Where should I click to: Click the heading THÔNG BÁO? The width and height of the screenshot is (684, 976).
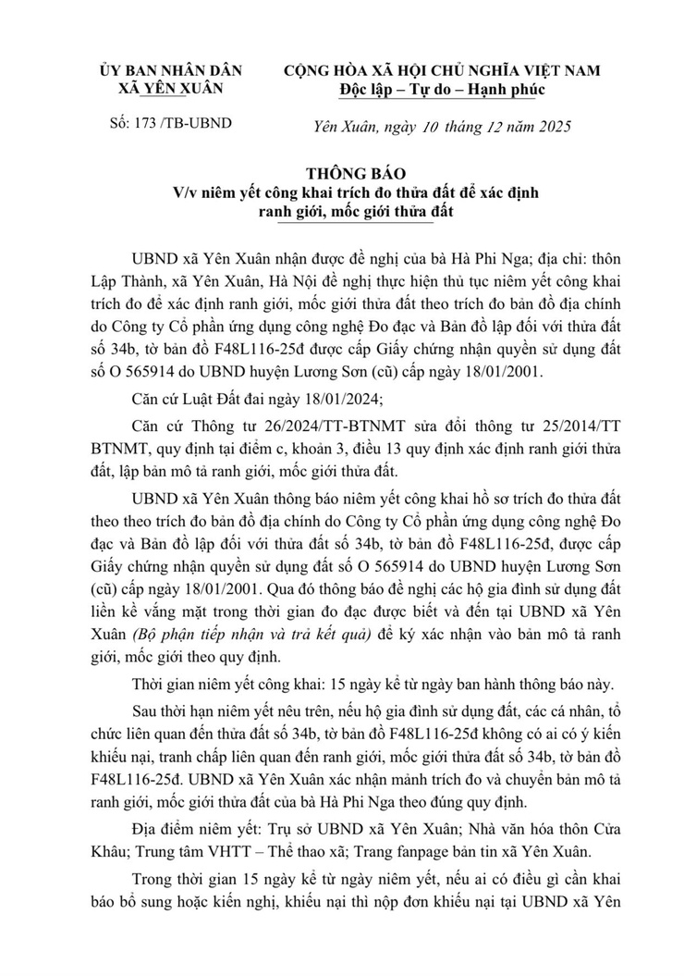tap(344, 173)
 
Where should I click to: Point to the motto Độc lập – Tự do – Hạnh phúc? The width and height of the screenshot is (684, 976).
tap(442, 91)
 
